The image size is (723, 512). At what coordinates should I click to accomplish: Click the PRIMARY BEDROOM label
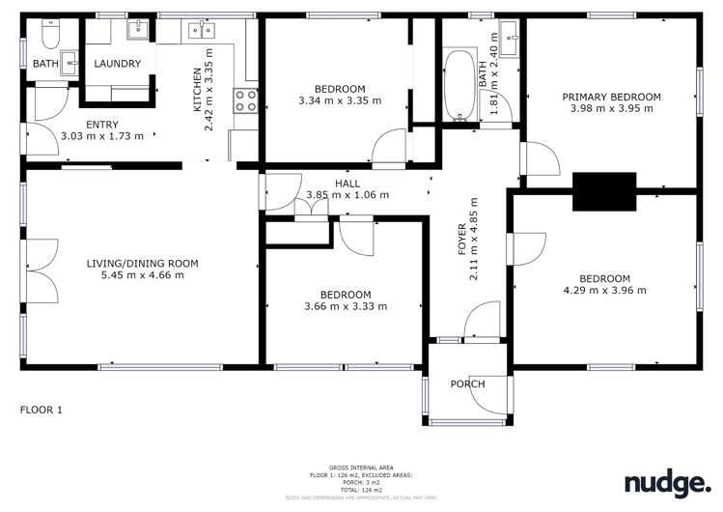(x=612, y=97)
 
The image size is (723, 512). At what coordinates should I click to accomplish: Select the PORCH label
(x=467, y=384)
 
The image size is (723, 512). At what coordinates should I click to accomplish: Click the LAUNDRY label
(x=118, y=64)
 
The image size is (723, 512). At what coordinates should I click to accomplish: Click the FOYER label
(x=461, y=237)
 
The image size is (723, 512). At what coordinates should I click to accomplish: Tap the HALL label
(x=348, y=183)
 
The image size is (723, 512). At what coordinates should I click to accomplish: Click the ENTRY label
(x=102, y=125)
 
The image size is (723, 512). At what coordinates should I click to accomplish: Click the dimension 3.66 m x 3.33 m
(x=346, y=306)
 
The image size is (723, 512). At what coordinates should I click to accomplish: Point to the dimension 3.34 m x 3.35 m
(x=340, y=100)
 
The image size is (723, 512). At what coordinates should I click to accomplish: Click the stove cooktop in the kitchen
(x=244, y=100)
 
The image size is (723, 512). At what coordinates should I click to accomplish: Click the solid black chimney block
(x=604, y=191)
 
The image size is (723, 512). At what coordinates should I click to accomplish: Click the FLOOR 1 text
(x=42, y=410)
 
